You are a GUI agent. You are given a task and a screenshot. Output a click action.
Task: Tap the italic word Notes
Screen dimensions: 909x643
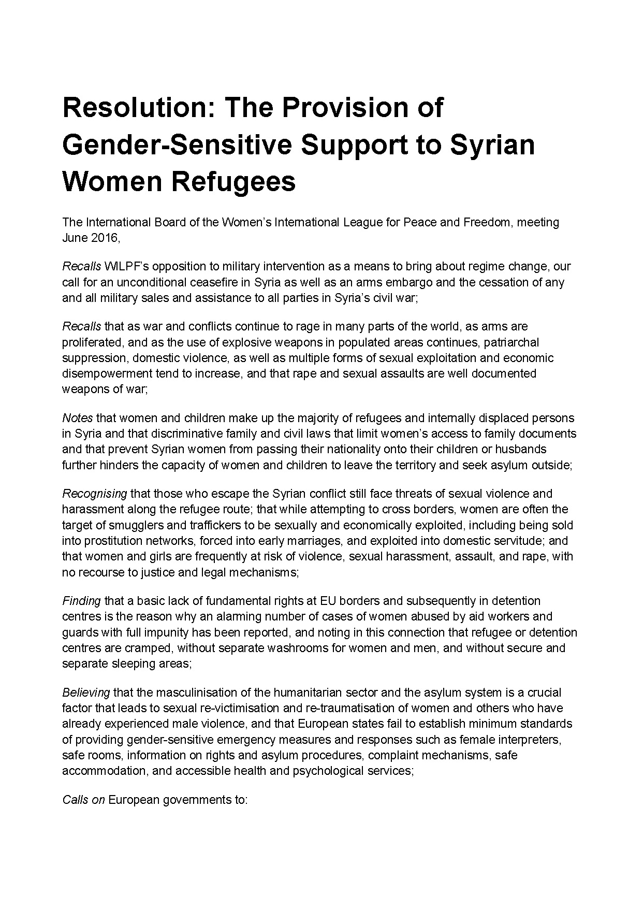point(77,417)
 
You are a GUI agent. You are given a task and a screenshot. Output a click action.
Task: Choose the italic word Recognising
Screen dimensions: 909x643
point(94,494)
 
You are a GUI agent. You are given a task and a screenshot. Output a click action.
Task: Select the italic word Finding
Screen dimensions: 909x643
point(81,601)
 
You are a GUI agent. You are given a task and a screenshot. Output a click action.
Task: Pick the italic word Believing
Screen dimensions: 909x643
point(86,692)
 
